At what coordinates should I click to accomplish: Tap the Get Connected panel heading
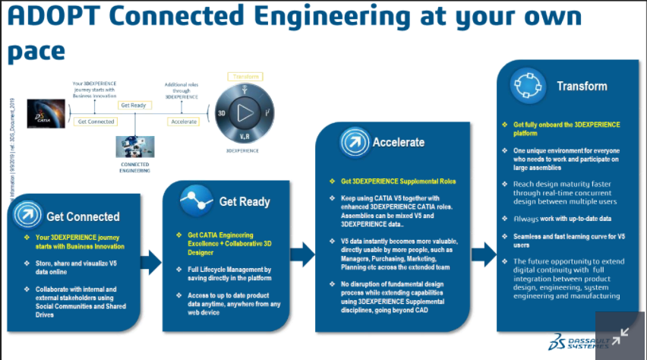pos(83,216)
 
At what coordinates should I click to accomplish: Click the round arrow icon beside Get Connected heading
pos(29,216)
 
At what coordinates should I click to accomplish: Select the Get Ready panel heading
pos(245,202)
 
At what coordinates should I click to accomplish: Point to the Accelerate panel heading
pos(398,142)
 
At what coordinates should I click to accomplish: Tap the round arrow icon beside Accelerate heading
pos(353,142)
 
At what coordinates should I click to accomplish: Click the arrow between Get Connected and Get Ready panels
pos(151,262)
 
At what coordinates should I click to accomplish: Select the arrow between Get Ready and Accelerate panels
pos(302,254)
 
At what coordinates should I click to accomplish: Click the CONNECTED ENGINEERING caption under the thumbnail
pos(134,167)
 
